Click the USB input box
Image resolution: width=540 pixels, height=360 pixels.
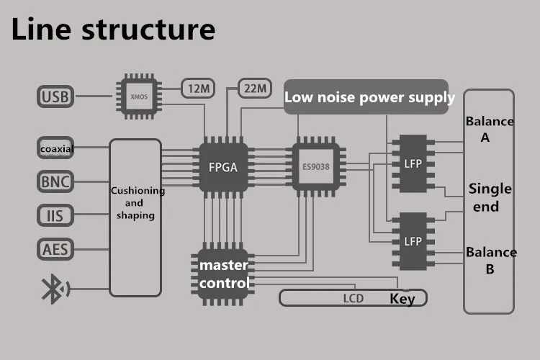point(55,96)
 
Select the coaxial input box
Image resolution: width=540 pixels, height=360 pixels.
point(56,148)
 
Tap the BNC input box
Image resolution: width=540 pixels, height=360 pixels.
point(55,181)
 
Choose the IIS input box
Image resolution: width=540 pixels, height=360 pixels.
point(55,215)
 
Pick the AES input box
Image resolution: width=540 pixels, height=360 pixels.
point(55,250)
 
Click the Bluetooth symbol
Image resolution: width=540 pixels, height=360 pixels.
point(55,291)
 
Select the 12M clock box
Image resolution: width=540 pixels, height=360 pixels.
point(198,89)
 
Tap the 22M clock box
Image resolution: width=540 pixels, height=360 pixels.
point(255,89)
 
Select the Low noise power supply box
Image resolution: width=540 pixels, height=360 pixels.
point(370,97)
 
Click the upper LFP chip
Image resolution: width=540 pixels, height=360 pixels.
point(413,163)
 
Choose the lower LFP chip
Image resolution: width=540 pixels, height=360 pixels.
point(413,240)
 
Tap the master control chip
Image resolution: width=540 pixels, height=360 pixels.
point(223,274)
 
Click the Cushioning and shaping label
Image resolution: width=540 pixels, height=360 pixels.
point(137,203)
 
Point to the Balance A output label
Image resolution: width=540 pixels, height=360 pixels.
point(490,129)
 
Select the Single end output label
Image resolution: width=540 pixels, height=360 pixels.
point(490,197)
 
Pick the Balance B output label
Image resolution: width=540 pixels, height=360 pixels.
point(490,261)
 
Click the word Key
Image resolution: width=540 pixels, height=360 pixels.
point(402,299)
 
